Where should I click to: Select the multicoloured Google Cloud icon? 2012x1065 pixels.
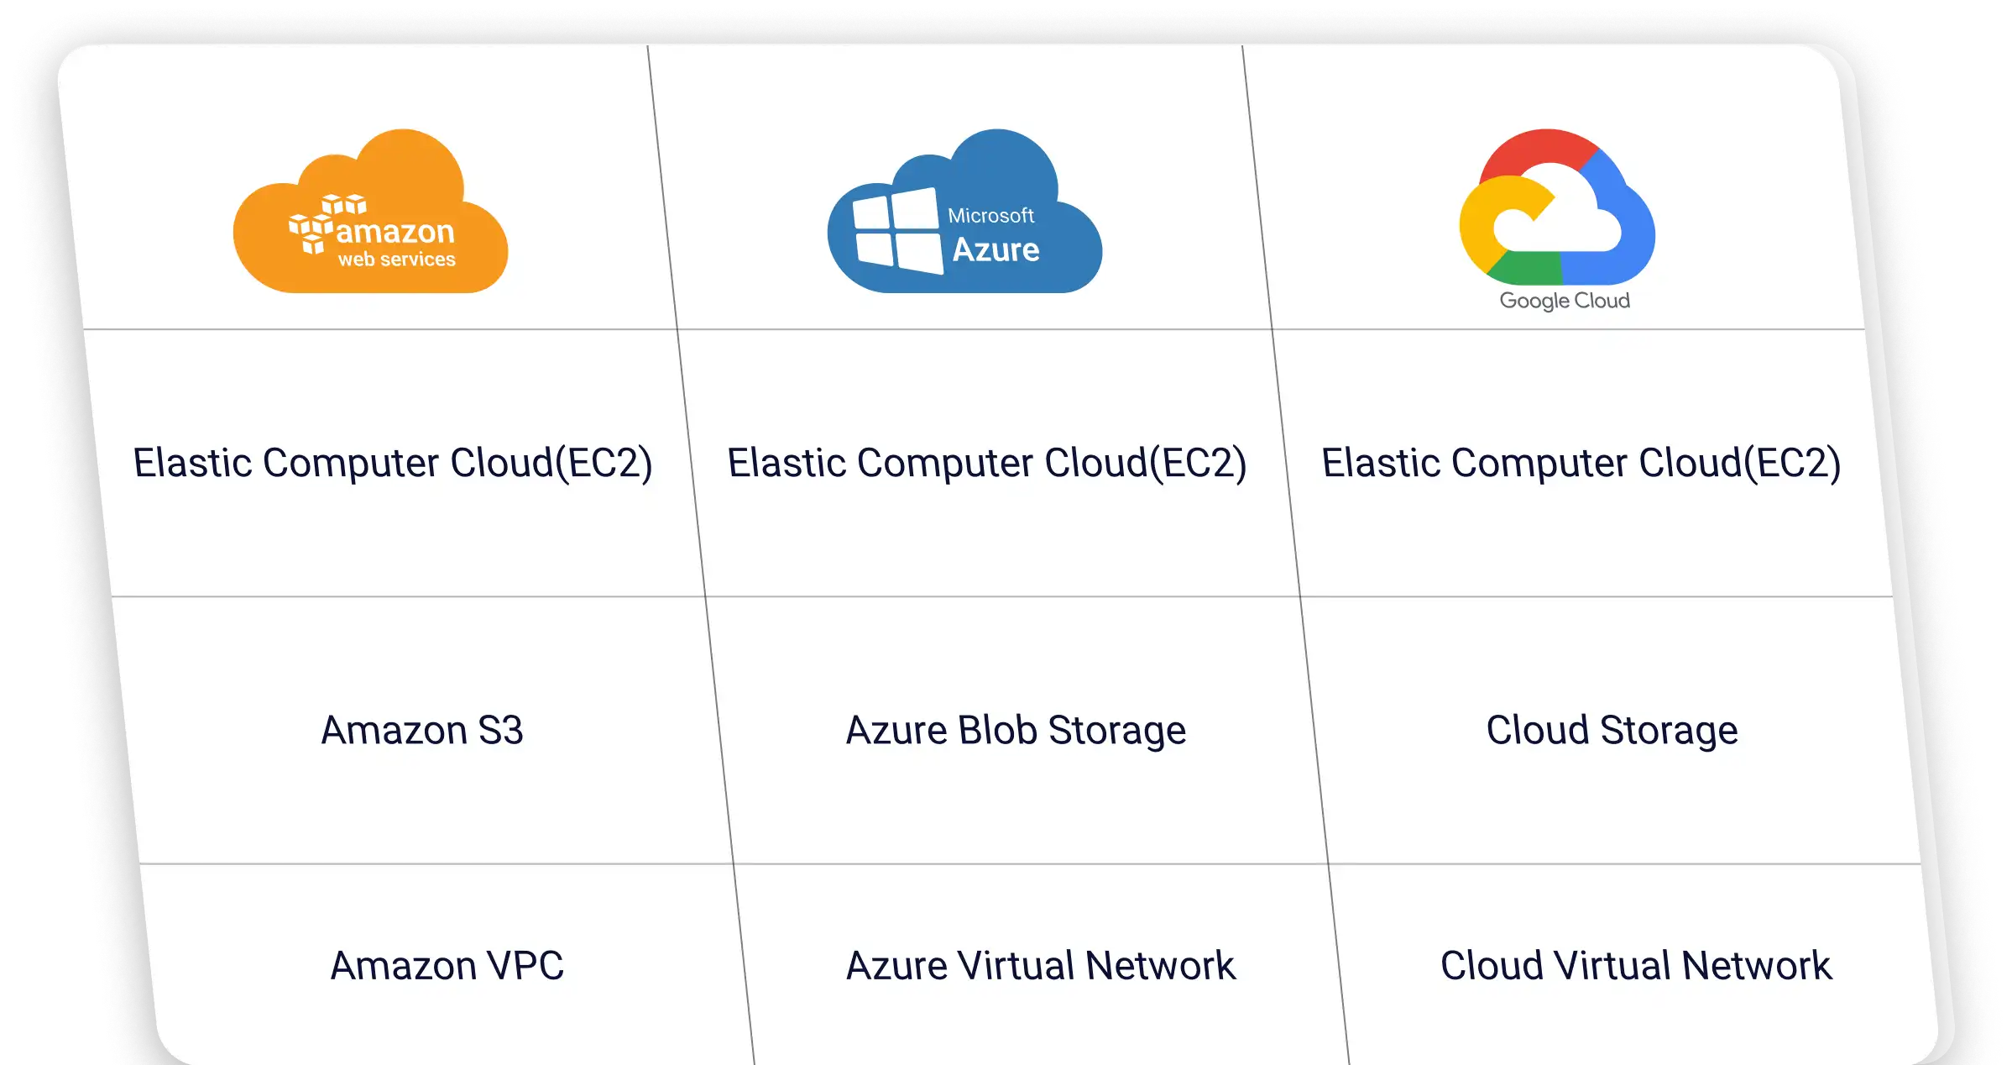click(x=1556, y=210)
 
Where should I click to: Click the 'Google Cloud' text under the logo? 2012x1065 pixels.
click(x=1565, y=301)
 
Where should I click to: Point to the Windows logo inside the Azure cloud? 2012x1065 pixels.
click(x=896, y=230)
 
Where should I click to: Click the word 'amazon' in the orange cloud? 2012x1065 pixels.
click(x=395, y=231)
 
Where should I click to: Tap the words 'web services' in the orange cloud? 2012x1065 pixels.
click(x=396, y=260)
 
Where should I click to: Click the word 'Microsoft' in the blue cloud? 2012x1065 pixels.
click(x=990, y=216)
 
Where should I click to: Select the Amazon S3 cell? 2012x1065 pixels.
click(x=421, y=730)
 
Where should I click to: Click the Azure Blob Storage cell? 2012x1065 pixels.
click(x=1016, y=730)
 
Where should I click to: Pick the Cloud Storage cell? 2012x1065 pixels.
click(x=1612, y=730)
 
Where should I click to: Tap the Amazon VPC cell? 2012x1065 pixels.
click(x=447, y=966)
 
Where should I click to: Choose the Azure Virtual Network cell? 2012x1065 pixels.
click(x=1040, y=966)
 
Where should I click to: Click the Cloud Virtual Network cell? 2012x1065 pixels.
click(x=1635, y=966)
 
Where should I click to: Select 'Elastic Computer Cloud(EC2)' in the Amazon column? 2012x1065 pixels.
click(x=393, y=463)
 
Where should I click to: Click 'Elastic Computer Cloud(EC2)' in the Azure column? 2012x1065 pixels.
click(x=987, y=463)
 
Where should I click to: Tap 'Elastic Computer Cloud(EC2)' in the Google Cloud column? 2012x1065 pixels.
click(x=1581, y=463)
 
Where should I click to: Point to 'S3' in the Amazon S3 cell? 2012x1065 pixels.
click(x=500, y=730)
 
